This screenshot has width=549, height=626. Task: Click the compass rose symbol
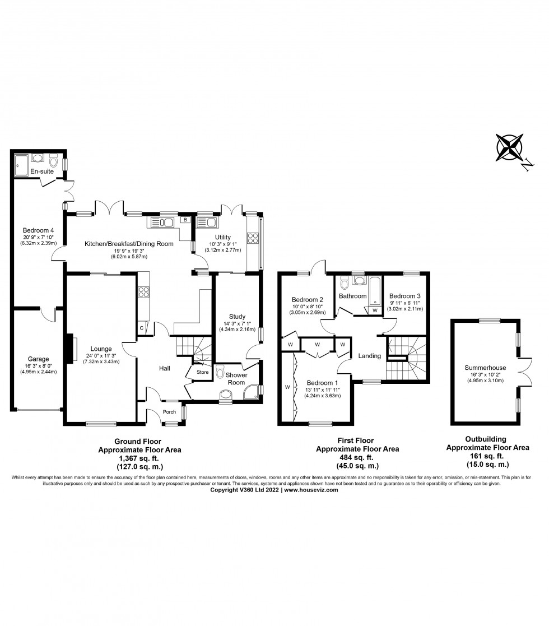tap(510, 147)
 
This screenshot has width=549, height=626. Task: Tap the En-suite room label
tap(43, 171)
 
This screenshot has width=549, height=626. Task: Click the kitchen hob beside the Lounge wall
tap(142, 292)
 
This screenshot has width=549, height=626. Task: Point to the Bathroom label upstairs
tap(353, 296)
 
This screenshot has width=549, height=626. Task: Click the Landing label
tap(369, 356)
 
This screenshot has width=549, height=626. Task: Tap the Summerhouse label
tap(485, 368)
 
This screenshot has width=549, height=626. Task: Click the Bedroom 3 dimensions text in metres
tap(406, 309)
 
